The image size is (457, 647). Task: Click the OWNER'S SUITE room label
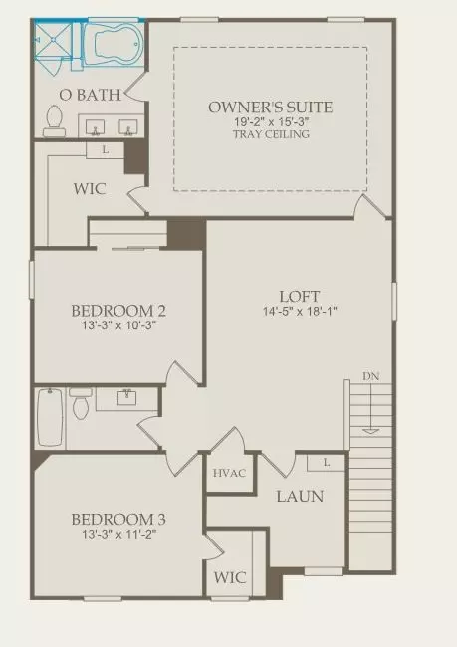pos(270,107)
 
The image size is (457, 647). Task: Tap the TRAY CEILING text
pos(270,134)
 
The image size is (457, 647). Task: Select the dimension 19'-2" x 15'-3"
pos(270,121)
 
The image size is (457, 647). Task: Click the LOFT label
pos(301,296)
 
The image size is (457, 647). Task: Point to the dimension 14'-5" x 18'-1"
pos(301,312)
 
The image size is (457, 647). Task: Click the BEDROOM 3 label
pos(118,519)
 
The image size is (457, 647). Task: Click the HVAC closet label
pos(229,473)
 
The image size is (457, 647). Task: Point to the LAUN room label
pos(300,496)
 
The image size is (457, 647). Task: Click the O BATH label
pos(91,95)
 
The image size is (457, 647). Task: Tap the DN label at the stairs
pos(371,376)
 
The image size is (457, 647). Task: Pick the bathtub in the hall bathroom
pos(50,417)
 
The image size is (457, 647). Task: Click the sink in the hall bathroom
pos(126,397)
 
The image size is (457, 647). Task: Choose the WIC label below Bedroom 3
pos(230,577)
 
